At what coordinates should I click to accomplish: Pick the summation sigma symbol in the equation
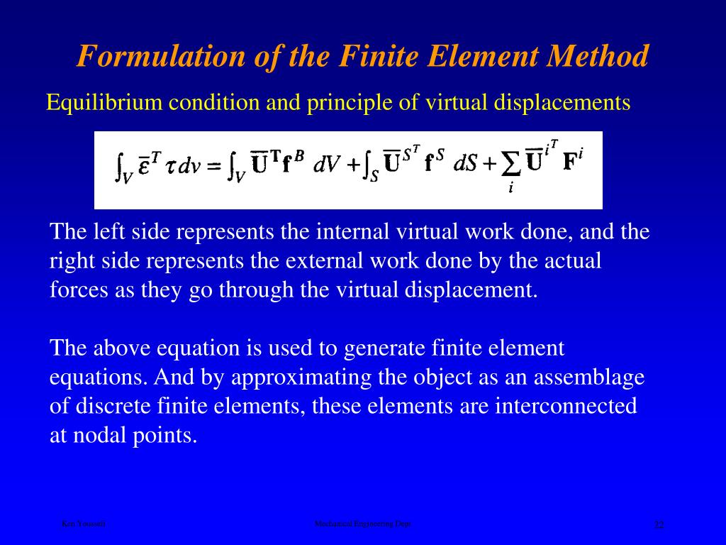point(510,165)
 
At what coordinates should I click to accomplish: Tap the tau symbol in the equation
point(169,167)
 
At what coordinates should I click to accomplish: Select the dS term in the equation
point(464,165)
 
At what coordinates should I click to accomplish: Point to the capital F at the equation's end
point(569,163)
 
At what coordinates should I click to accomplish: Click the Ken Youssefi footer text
point(83,524)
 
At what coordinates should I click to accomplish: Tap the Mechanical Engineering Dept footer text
point(363,524)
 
